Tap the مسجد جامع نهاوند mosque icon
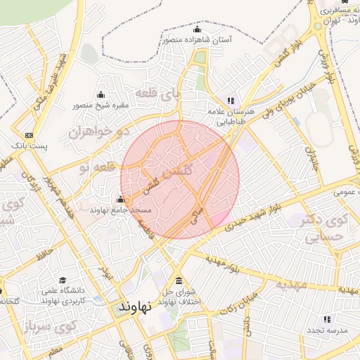pyautogui.click(x=120, y=199)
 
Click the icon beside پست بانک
pyautogui.click(x=29, y=135)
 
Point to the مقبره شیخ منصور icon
pyautogui.click(x=101, y=95)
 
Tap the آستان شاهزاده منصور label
pyautogui.click(x=197, y=41)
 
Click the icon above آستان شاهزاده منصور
pyautogui.click(x=196, y=30)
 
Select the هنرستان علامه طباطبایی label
pyautogui.click(x=229, y=117)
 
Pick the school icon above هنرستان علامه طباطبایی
pyautogui.click(x=231, y=101)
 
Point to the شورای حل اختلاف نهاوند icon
pyautogui.click(x=178, y=280)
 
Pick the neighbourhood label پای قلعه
pyautogui.click(x=162, y=94)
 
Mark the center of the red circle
pyautogui.click(x=180, y=179)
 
